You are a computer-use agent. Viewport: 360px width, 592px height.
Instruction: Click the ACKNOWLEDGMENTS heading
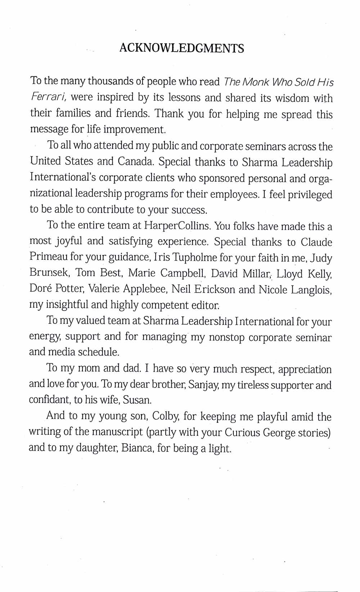click(x=181, y=48)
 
